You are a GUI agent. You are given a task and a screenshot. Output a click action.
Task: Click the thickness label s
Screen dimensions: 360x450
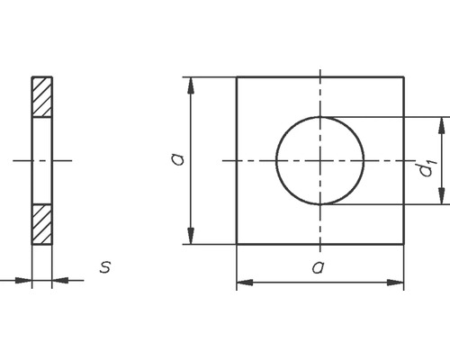pyautogui.click(x=106, y=267)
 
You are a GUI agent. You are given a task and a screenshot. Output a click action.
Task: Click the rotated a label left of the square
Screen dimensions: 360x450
pyautogui.click(x=177, y=159)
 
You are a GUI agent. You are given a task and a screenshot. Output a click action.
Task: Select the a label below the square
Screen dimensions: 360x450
pyautogui.click(x=317, y=266)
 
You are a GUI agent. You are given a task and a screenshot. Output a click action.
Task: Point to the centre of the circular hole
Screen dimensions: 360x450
pyautogui.click(x=319, y=160)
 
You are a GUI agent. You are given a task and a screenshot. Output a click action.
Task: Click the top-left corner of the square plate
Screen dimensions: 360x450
pyautogui.click(x=237, y=77)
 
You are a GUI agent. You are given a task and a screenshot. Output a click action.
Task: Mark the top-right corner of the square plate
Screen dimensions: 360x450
pyautogui.click(x=403, y=77)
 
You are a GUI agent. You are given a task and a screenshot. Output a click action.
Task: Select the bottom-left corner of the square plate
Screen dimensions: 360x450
pyautogui.click(x=237, y=244)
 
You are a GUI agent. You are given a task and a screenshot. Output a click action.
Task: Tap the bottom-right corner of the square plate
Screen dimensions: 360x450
pyautogui.click(x=403, y=244)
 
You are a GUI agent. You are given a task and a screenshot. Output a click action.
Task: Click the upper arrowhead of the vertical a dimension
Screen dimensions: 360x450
pyautogui.click(x=191, y=85)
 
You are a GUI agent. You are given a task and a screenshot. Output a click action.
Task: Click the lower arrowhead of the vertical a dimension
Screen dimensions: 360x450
pyautogui.click(x=191, y=237)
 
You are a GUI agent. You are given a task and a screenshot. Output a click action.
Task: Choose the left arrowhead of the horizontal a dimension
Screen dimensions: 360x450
pyautogui.click(x=244, y=283)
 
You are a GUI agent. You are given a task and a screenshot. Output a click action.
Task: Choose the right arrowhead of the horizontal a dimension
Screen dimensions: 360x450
pyautogui.click(x=396, y=283)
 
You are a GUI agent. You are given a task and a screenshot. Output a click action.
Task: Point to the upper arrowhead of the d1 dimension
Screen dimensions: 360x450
pyautogui.click(x=441, y=123)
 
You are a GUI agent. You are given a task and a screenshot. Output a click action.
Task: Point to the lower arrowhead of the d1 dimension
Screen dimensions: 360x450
pyautogui.click(x=441, y=197)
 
